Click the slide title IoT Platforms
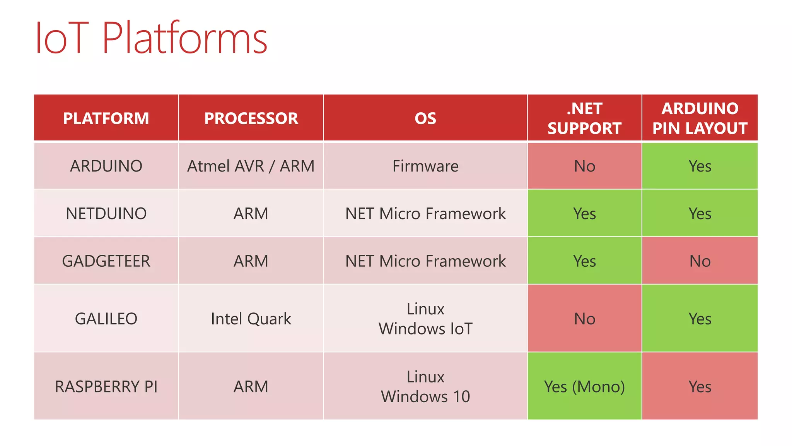click(151, 38)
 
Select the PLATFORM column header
click(106, 118)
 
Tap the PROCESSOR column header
click(251, 118)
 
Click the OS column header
click(425, 118)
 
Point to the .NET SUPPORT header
click(584, 118)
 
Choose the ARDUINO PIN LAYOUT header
click(700, 118)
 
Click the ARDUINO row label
click(106, 166)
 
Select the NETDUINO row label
click(106, 213)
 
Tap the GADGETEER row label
click(106, 261)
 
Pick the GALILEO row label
click(106, 319)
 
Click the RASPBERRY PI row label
click(106, 386)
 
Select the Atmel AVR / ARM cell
click(251, 166)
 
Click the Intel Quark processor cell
click(251, 319)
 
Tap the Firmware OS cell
click(425, 166)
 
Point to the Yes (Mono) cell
click(584, 386)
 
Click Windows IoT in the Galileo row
click(425, 329)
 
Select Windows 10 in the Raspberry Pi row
click(425, 396)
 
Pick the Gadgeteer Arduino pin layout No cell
click(700, 261)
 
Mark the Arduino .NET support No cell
click(584, 166)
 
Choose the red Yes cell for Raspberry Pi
click(700, 386)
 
